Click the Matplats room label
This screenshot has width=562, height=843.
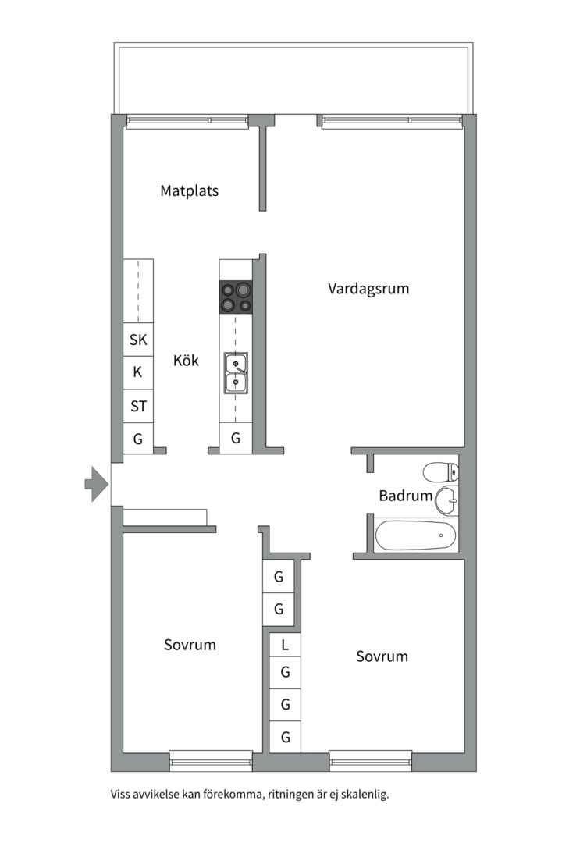click(189, 190)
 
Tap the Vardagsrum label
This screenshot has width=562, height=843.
click(368, 289)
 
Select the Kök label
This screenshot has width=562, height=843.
click(186, 361)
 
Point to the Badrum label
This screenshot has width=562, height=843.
click(405, 496)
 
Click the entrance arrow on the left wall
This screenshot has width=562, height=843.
click(96, 484)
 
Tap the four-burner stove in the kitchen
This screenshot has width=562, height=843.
click(236, 297)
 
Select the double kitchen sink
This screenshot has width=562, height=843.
click(236, 372)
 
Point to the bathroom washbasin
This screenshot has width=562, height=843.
click(446, 500)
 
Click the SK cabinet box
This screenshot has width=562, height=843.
click(138, 340)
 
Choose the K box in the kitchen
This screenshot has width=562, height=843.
click(138, 372)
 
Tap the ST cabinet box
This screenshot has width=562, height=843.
click(138, 406)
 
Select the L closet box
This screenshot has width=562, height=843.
click(285, 645)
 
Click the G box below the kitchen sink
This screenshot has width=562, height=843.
click(236, 439)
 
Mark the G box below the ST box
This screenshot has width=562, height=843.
click(138, 439)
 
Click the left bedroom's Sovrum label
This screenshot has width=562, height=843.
click(190, 646)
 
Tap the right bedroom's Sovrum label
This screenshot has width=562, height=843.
click(382, 656)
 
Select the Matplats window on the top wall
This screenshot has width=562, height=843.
click(187, 121)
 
